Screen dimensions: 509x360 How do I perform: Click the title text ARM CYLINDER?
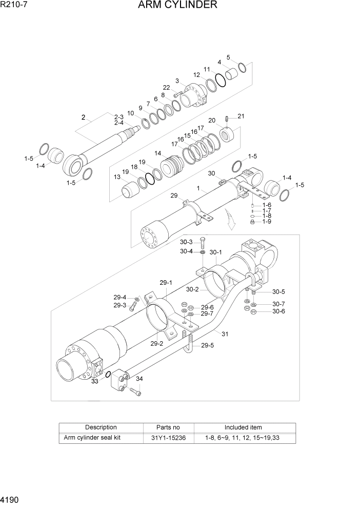[177, 6]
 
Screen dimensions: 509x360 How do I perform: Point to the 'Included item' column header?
[243, 427]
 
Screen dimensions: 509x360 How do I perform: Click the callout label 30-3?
[186, 242]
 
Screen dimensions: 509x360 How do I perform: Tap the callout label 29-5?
[207, 346]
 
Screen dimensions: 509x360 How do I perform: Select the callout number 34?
[139, 379]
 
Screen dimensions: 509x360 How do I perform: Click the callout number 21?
[241, 116]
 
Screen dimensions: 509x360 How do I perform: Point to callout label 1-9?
[267, 222]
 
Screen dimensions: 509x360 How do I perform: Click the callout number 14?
[157, 153]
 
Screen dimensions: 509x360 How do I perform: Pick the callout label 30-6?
[278, 311]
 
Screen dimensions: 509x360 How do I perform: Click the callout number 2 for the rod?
[83, 118]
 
